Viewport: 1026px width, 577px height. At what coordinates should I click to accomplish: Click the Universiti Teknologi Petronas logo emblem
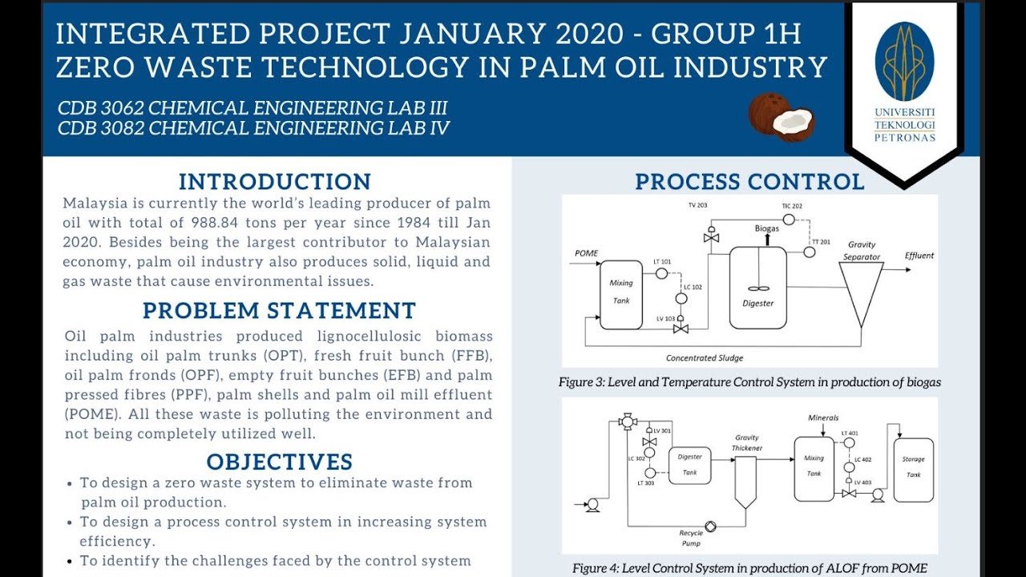tap(904, 62)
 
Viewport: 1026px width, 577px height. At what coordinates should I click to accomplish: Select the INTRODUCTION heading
tap(274, 181)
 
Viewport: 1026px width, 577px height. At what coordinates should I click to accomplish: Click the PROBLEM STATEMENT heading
tap(279, 311)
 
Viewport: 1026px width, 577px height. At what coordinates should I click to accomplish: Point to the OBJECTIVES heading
tap(279, 462)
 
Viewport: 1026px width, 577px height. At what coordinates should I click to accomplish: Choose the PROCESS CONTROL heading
tap(749, 182)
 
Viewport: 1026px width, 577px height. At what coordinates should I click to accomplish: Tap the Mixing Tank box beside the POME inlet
tap(621, 294)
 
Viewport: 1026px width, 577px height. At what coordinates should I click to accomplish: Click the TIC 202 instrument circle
tap(789, 220)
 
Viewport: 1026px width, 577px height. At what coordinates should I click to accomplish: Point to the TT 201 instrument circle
tap(810, 252)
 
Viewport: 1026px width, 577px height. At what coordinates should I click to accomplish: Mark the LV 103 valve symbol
tap(681, 329)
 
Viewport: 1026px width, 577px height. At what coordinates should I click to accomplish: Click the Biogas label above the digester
tap(766, 228)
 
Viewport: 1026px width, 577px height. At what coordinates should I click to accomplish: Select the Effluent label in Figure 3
tap(919, 256)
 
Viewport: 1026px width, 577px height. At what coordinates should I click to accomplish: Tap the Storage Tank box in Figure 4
tap(913, 470)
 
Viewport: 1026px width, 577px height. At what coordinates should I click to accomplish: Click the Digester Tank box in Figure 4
tap(689, 466)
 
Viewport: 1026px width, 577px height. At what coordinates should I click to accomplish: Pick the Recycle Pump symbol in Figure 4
tap(710, 527)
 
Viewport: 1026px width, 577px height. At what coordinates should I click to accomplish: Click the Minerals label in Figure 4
tap(823, 418)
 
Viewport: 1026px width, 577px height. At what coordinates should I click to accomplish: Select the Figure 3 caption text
tap(749, 382)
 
